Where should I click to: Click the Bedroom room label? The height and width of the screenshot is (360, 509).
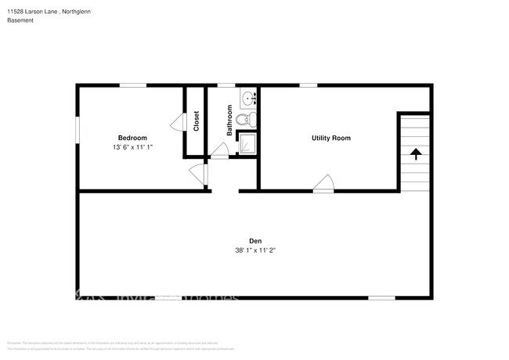[132, 138]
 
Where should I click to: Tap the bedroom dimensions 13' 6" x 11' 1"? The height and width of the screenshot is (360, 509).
[132, 147]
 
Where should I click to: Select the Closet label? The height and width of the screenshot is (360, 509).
[196, 121]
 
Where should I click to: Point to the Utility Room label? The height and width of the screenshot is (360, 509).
[330, 138]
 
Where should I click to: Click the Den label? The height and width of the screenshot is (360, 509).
[255, 241]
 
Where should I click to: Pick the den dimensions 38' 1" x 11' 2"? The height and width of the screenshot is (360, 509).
[255, 251]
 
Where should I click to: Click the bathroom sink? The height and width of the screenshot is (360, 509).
[248, 99]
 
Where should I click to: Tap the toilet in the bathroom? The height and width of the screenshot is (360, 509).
[247, 120]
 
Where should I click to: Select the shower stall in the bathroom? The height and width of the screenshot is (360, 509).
[247, 142]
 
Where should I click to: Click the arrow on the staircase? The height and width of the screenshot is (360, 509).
[416, 153]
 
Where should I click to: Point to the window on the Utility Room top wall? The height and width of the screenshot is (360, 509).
[308, 85]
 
